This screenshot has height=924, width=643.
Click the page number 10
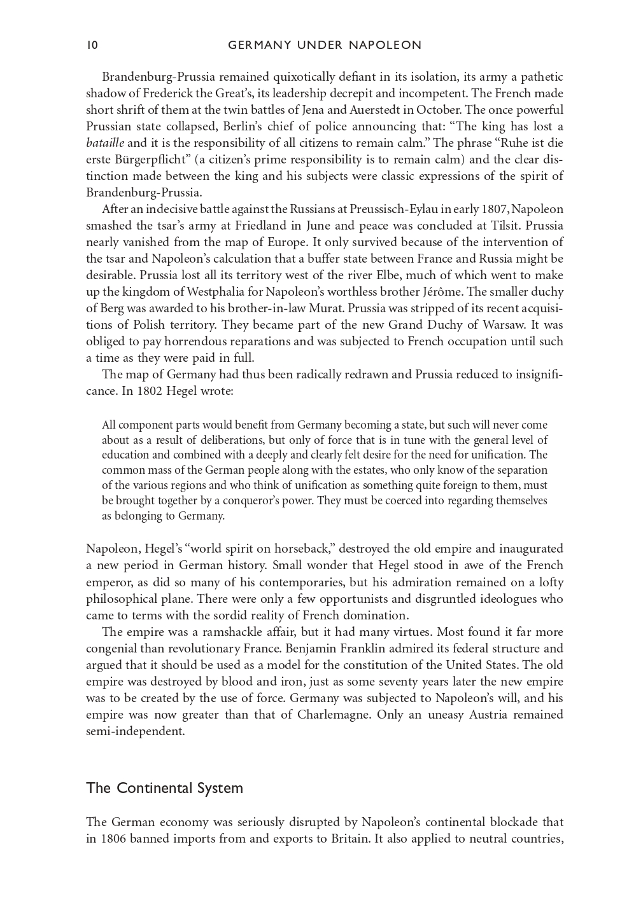pos(92,45)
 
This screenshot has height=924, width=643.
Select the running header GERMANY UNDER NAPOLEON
pos(325,45)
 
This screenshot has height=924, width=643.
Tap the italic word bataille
pos(105,144)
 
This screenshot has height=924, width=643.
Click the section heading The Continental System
pos(164,789)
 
